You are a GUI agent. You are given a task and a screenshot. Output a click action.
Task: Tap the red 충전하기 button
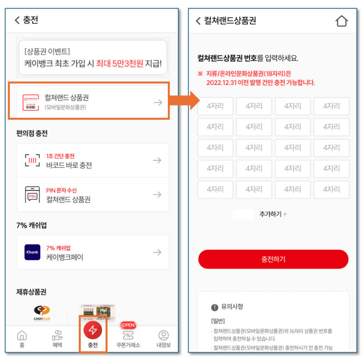(x=273, y=259)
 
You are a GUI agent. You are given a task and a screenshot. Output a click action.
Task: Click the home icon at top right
(x=341, y=21)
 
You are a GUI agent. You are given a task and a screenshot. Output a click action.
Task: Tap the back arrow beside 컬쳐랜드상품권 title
(x=198, y=21)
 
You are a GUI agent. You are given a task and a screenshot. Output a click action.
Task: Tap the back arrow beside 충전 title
(x=17, y=20)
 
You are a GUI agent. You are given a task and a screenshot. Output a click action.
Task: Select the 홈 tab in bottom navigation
(x=21, y=338)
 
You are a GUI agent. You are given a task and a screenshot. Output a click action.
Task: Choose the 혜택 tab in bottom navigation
(x=57, y=338)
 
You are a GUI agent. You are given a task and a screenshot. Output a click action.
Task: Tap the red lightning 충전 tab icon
(x=93, y=330)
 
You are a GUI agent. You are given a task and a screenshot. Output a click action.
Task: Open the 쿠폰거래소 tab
(x=128, y=338)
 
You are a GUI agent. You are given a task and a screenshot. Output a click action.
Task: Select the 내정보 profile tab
(x=163, y=338)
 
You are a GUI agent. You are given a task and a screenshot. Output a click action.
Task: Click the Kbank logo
(x=32, y=252)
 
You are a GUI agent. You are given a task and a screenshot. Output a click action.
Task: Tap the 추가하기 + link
(x=273, y=214)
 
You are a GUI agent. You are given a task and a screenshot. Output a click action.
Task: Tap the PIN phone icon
(x=32, y=194)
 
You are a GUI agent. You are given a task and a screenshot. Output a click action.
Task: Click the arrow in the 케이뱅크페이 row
(x=157, y=252)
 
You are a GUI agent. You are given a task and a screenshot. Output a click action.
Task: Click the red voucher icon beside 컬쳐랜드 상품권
(x=32, y=102)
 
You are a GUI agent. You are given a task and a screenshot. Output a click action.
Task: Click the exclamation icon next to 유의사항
(x=215, y=307)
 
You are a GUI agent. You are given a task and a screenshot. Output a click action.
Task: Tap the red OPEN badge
(x=128, y=325)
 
